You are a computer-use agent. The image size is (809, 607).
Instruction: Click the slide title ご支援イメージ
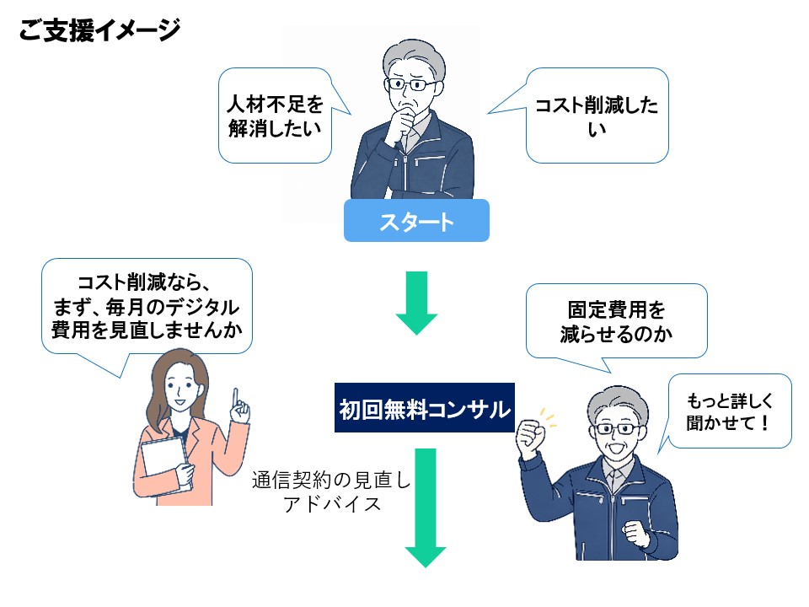(99, 31)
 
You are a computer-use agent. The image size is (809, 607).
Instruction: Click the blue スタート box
(416, 221)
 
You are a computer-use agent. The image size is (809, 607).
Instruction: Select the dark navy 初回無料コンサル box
(424, 410)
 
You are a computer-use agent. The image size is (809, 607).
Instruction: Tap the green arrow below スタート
(416, 303)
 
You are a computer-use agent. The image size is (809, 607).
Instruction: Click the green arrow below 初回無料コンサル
(425, 506)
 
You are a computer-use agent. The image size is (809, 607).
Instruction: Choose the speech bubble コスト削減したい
(597, 116)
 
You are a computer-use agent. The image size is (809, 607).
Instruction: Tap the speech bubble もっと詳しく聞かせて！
(729, 411)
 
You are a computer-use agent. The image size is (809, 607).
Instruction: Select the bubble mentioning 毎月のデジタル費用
(147, 305)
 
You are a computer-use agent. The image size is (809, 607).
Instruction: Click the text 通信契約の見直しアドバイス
(331, 492)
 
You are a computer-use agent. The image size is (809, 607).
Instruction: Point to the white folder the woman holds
(161, 464)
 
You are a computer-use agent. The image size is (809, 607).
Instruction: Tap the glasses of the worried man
(411, 84)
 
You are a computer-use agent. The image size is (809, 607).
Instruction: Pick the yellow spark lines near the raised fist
(548, 416)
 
